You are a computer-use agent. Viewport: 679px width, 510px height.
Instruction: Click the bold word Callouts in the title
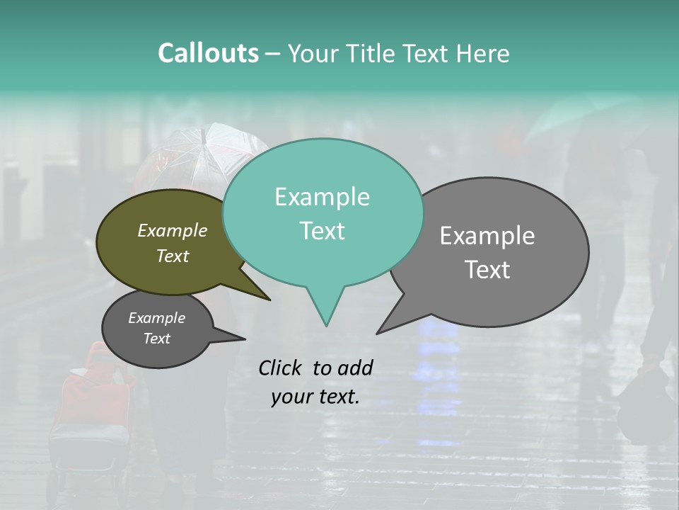coord(208,53)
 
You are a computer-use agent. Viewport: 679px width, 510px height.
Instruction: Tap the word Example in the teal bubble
coord(322,197)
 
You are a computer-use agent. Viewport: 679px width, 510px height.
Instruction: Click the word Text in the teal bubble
coord(322,231)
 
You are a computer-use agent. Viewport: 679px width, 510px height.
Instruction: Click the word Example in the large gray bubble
coord(487,236)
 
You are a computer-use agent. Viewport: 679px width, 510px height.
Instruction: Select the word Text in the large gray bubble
coord(487,270)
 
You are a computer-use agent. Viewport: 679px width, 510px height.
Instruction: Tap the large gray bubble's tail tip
coord(378,332)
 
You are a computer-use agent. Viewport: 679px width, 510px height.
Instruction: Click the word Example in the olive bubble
coord(173,230)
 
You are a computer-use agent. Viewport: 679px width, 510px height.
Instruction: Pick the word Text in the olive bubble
coord(173,256)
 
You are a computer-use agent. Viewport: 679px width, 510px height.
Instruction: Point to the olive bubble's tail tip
coord(269,300)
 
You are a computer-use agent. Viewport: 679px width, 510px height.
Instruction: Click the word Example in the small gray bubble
coord(156,318)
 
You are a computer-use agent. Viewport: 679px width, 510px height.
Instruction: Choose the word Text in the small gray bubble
coord(156,339)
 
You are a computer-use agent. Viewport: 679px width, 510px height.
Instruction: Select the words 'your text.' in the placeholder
coord(315,397)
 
